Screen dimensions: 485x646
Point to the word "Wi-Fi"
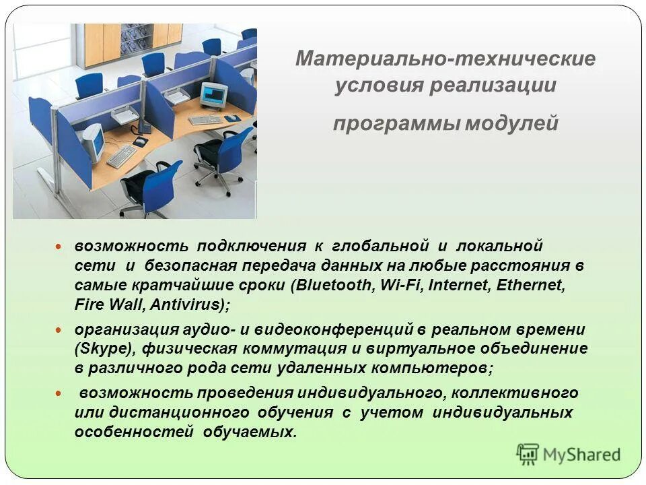pos(397,284)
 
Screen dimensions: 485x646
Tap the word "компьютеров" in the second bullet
pos(431,368)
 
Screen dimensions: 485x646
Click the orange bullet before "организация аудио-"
pos(58,330)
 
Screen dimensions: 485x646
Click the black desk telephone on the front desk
pos(143,127)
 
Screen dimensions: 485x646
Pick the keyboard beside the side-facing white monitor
pos(122,157)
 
